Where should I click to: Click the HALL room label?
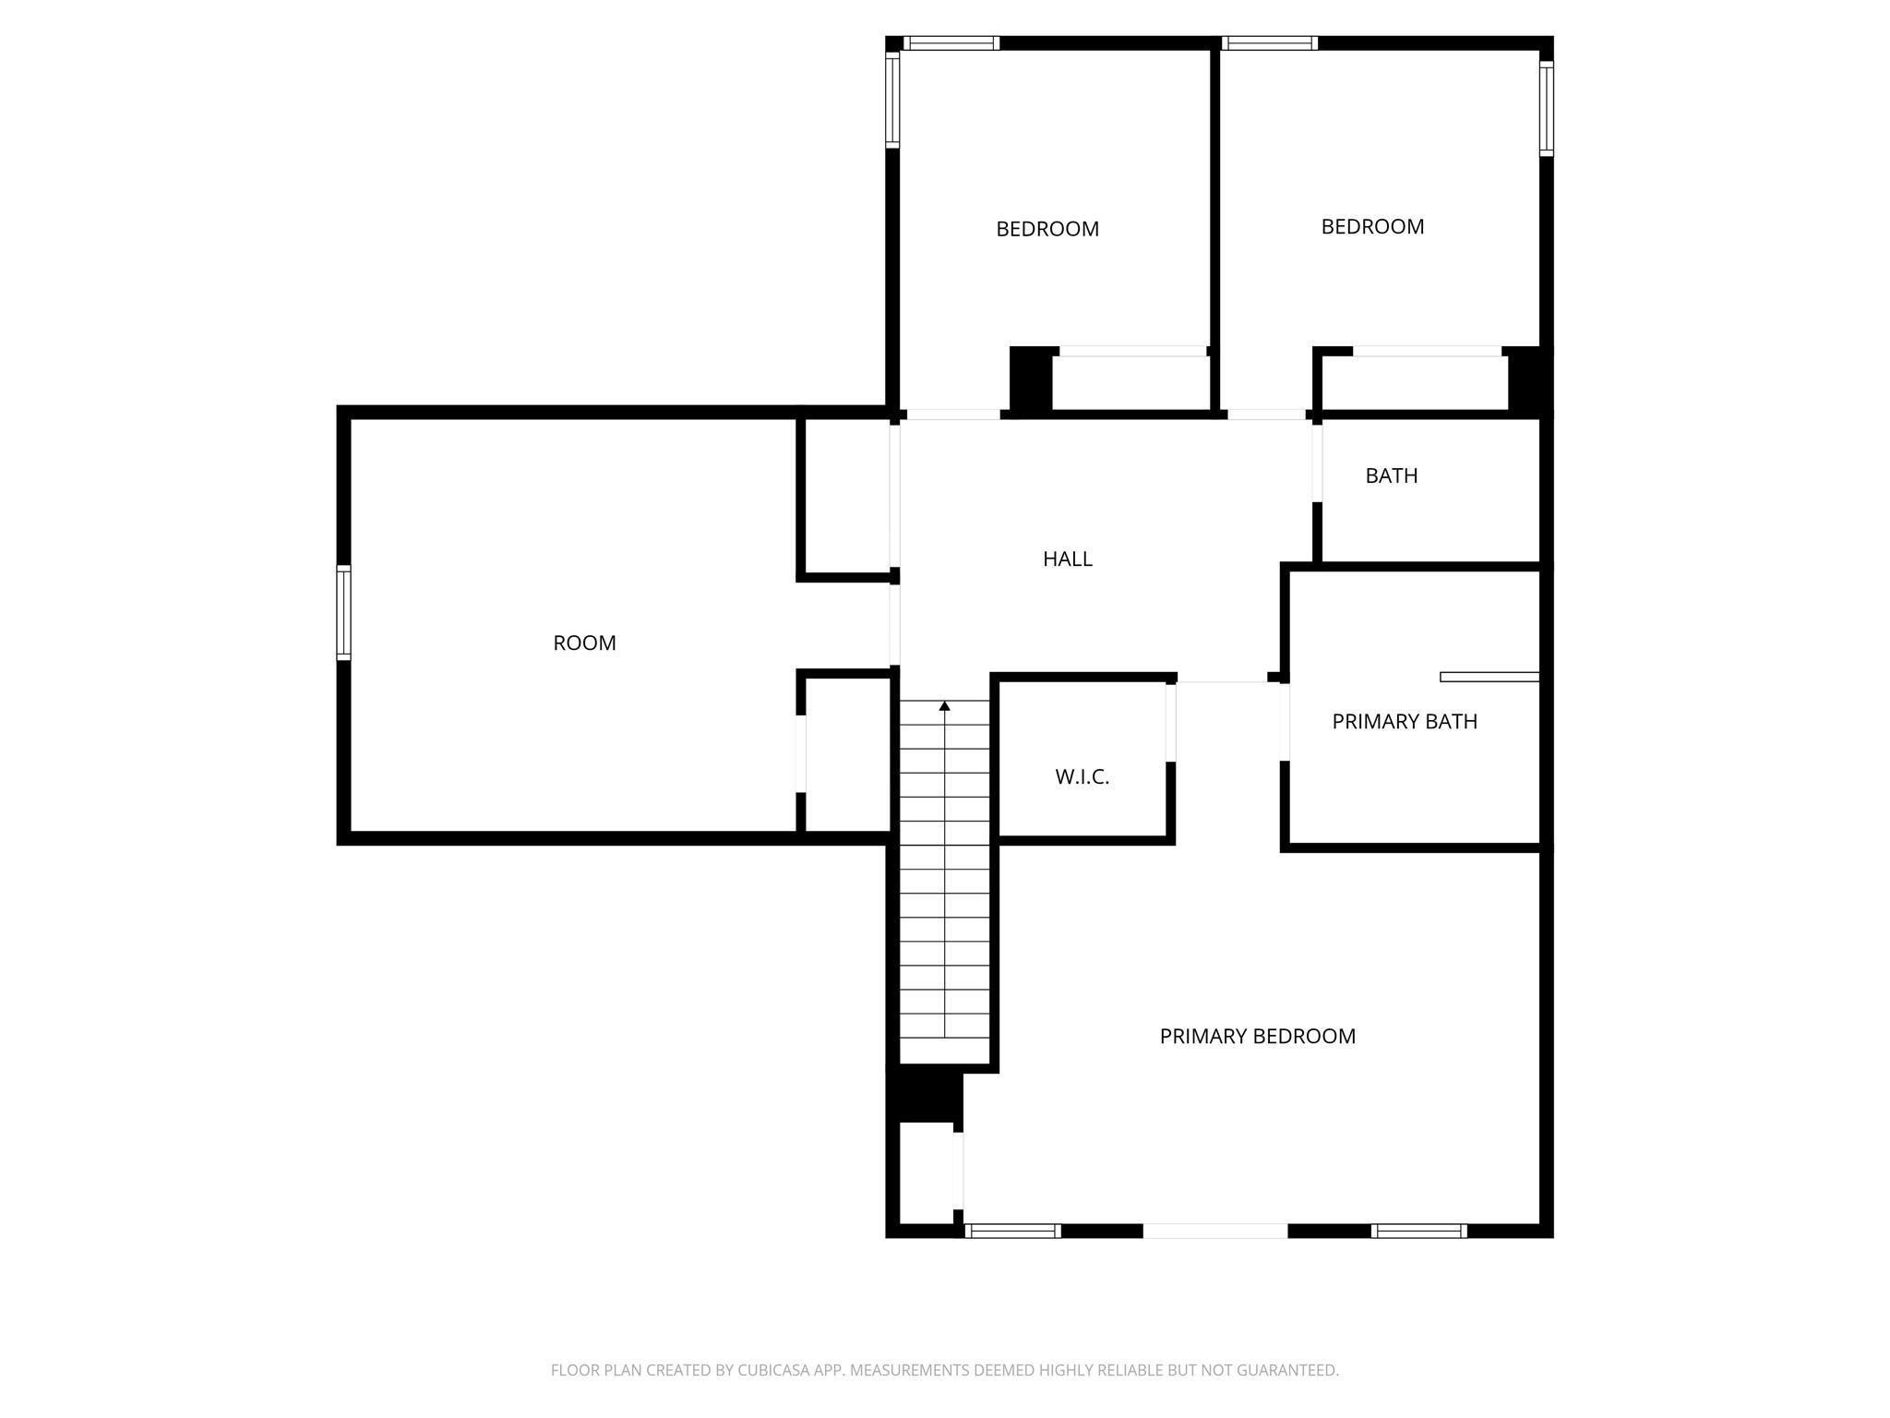point(1067,559)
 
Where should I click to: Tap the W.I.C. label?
point(1082,776)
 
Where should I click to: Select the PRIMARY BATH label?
point(1404,721)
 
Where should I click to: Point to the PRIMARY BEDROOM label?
point(1257,1036)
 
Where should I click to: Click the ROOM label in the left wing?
point(584,643)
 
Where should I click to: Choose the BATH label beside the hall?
point(1391,475)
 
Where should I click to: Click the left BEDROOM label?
point(1047,229)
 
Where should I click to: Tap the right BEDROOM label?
point(1371,226)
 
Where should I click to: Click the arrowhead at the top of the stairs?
point(944,706)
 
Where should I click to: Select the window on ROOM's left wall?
point(343,612)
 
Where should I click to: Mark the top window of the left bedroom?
point(951,42)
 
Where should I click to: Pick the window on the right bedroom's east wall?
point(1546,107)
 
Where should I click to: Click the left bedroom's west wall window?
point(892,100)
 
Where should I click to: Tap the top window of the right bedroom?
point(1269,42)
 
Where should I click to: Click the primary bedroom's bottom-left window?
point(1012,1230)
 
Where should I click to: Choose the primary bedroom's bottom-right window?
point(1418,1230)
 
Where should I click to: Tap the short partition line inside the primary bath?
point(1489,677)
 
